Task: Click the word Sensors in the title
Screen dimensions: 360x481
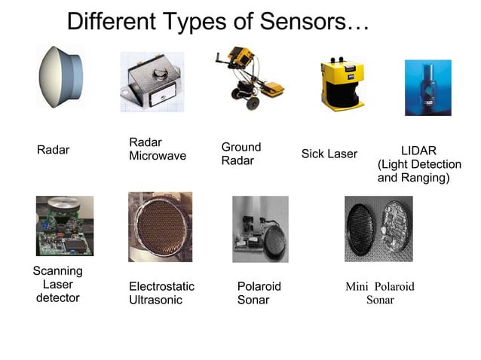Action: (303, 21)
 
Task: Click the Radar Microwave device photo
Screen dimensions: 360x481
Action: (151, 81)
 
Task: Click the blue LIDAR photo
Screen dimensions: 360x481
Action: (427, 87)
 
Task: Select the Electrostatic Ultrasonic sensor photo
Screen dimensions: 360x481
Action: (160, 226)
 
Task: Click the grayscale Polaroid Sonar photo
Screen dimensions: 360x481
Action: (260, 229)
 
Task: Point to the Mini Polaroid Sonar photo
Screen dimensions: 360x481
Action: (378, 228)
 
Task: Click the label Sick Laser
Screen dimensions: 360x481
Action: (329, 154)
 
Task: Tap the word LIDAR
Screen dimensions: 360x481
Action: (418, 151)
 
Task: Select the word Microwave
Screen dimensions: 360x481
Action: (158, 156)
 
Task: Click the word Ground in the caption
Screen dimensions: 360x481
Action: (240, 147)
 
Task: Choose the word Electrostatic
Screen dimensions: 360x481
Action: (161, 286)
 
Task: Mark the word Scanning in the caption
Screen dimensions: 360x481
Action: (57, 271)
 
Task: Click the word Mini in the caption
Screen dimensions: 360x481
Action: (357, 286)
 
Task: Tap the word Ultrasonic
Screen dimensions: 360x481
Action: (157, 300)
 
